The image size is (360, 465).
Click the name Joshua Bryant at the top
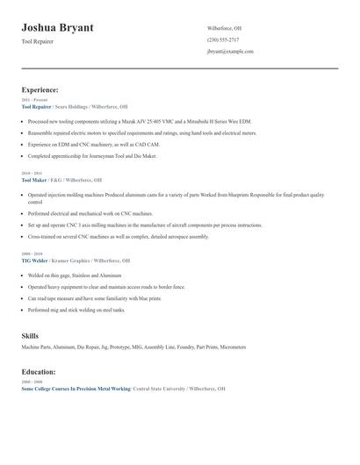pos(57,28)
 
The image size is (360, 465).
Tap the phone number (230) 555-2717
pos(223,39)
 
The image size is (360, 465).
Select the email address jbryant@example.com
pos(230,52)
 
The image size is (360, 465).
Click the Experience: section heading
pos(40,89)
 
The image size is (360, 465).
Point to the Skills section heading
pos(30,336)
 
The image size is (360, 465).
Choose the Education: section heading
pos(39,372)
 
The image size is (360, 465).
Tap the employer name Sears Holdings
pos(73,105)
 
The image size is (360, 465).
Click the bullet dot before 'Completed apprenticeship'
pos(23,156)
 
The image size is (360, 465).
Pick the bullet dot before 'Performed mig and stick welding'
pos(23,310)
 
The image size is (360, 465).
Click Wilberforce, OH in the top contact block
pos(224,28)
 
